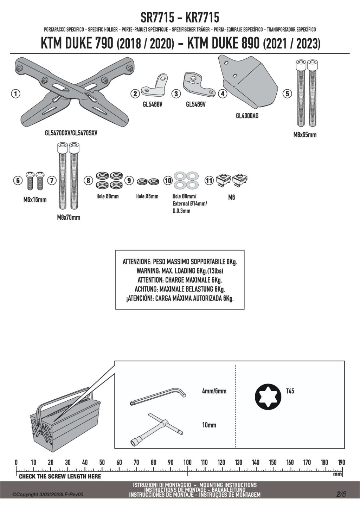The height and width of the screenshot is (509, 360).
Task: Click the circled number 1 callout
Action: pyautogui.click(x=15, y=94)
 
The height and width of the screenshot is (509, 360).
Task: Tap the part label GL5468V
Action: pyautogui.click(x=152, y=104)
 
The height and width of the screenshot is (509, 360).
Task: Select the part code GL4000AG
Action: pyautogui.click(x=247, y=116)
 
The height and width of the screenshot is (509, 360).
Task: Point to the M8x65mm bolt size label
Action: pyautogui.click(x=305, y=135)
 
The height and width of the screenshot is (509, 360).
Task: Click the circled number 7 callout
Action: pyautogui.click(x=52, y=180)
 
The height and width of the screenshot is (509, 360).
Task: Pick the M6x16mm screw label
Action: pyautogui.click(x=35, y=200)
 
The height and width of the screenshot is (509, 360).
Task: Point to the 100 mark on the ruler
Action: pyautogui.click(x=187, y=462)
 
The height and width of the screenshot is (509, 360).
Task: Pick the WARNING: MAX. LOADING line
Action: pyautogui.click(x=180, y=271)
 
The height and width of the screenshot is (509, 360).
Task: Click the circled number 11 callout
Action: pyautogui.click(x=209, y=180)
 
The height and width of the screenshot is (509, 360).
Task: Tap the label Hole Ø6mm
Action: pyautogui.click(x=147, y=196)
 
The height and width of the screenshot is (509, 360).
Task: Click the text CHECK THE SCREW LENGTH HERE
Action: pyautogui.click(x=60, y=476)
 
